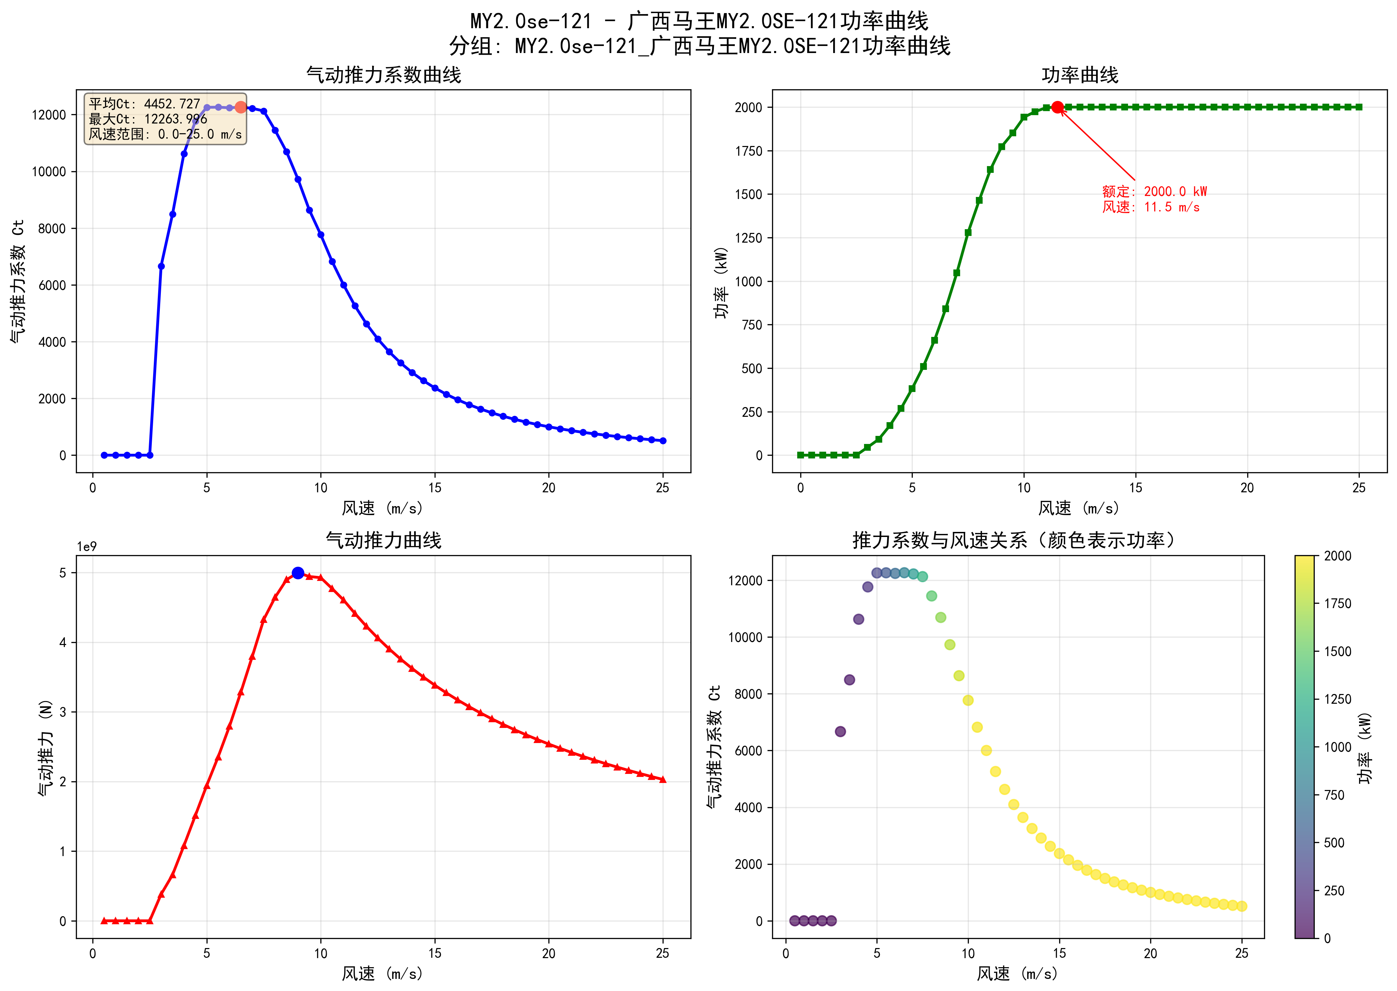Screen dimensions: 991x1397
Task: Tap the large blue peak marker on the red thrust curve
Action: [x=298, y=573]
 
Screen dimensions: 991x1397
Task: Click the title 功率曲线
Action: [x=1080, y=75]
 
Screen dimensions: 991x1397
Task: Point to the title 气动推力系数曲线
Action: [x=384, y=75]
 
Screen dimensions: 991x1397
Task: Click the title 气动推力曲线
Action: [x=384, y=540]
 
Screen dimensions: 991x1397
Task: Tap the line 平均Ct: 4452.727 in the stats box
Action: [x=145, y=104]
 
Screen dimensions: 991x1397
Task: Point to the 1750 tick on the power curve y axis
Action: [x=749, y=151]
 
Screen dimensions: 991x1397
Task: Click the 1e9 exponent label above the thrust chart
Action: [x=87, y=547]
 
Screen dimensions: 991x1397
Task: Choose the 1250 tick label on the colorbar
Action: [x=1337, y=699]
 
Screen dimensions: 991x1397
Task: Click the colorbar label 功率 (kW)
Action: [x=1365, y=747]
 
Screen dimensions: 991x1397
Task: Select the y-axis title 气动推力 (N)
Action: [x=45, y=747]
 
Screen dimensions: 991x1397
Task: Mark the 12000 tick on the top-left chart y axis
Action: [x=49, y=115]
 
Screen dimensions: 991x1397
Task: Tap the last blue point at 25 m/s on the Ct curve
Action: [x=663, y=441]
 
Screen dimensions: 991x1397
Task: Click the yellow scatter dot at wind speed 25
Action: [x=1241, y=906]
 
